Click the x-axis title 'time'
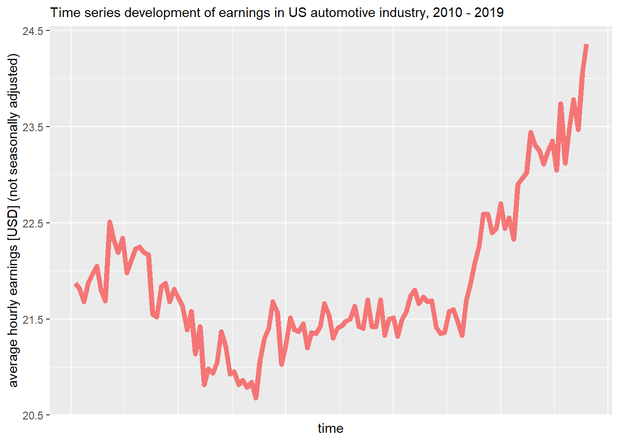click(330, 429)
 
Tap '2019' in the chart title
click(489, 12)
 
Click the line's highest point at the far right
click(586, 45)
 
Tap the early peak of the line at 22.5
click(110, 222)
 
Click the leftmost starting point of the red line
click(76, 284)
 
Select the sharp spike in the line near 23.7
click(561, 104)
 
